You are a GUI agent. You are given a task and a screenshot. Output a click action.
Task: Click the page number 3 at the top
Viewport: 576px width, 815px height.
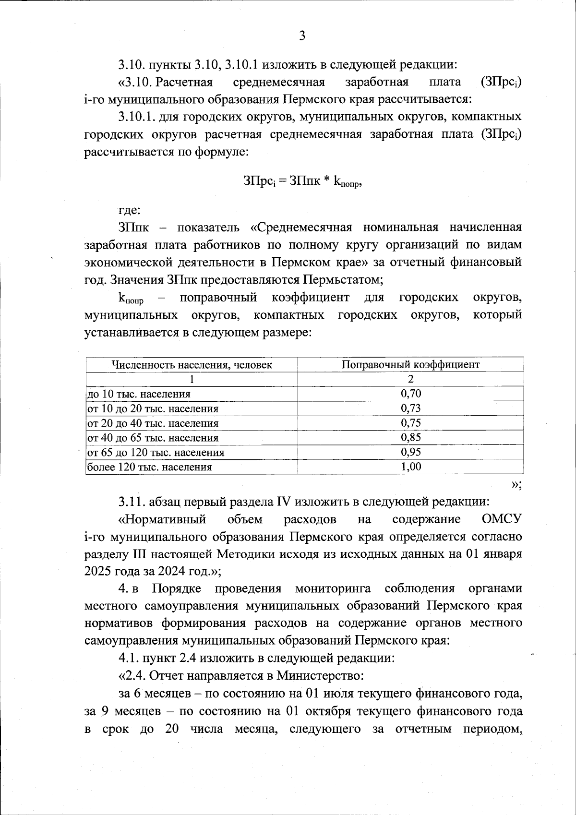302,36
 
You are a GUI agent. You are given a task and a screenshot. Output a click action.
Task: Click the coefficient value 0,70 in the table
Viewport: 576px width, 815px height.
410,394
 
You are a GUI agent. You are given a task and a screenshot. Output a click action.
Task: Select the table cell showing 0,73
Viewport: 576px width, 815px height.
410,408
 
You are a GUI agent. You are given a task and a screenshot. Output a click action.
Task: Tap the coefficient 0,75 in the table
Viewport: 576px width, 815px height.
410,423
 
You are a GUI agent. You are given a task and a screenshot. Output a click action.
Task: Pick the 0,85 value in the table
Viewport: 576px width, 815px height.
410,437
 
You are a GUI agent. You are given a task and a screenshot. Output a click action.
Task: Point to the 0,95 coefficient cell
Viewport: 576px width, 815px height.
410,452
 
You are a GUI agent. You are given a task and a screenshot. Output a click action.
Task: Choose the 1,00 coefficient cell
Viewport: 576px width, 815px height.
410,467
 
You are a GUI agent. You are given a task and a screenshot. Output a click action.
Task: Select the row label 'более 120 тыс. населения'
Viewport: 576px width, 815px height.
149,467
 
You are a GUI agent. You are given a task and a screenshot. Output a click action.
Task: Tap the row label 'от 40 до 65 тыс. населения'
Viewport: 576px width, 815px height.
152,438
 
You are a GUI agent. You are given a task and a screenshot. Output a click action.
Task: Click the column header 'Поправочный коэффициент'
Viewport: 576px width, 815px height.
410,364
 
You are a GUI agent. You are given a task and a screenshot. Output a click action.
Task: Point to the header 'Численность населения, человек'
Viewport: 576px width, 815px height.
192,365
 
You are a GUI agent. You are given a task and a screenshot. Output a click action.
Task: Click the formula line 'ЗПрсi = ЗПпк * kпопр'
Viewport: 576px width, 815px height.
302,181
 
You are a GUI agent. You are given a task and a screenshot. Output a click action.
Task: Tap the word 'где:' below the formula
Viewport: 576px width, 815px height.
130,210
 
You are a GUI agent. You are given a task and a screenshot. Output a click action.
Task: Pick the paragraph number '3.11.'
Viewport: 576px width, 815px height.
132,502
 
